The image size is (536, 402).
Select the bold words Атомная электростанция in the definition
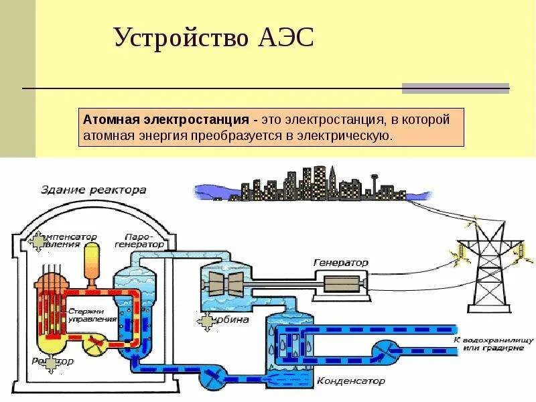coord(166,120)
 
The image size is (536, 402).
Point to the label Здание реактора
coord(94,190)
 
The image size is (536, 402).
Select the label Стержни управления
coord(92,316)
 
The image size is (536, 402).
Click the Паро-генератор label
coord(144,241)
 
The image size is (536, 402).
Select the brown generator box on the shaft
coord(342,284)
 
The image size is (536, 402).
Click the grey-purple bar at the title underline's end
coord(455,88)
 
